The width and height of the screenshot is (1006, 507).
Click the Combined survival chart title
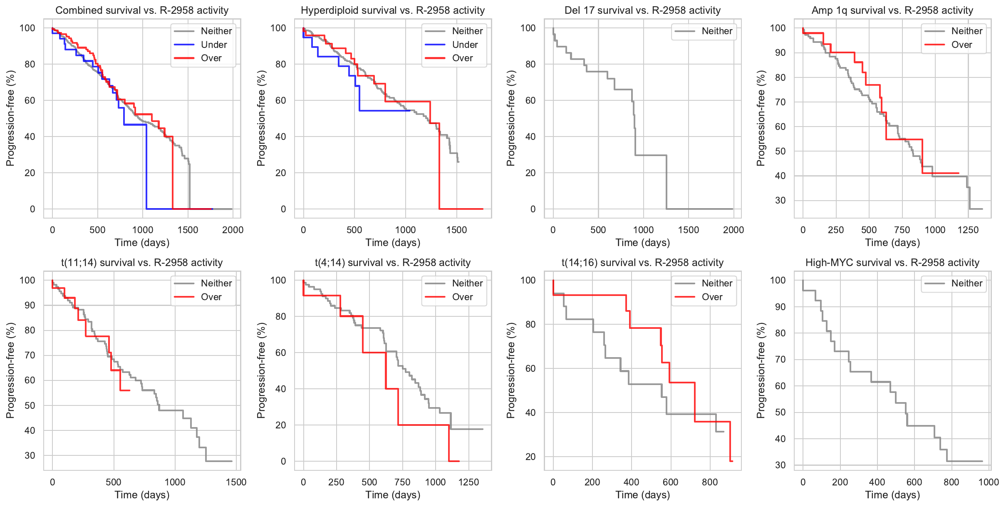tap(142, 10)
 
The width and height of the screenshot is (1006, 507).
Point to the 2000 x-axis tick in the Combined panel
tap(233, 230)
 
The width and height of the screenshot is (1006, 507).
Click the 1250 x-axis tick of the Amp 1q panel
tap(968, 230)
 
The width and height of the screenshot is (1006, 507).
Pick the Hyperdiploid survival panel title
tap(393, 10)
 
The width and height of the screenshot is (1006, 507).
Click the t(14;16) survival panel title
tap(642, 263)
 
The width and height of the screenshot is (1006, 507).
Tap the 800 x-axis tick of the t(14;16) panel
tap(710, 482)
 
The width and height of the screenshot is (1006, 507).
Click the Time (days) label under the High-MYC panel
tap(892, 495)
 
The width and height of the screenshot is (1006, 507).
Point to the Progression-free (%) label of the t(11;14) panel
tap(10, 370)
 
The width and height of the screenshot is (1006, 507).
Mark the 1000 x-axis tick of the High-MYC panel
tap(989, 482)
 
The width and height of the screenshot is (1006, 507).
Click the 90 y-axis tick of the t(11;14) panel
tap(30, 305)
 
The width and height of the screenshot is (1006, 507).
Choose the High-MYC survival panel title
tap(892, 263)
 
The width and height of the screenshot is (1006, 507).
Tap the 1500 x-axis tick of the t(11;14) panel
tap(236, 482)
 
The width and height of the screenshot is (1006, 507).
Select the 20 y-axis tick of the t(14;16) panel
tap(530, 457)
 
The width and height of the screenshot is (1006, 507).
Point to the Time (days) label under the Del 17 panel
tap(642, 243)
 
